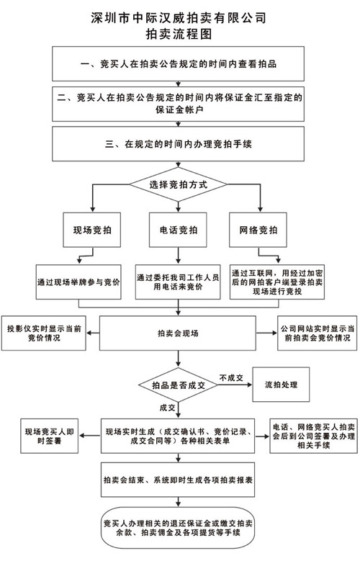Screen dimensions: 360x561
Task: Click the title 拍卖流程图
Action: (179, 34)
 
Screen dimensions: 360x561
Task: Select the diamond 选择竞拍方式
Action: (179, 184)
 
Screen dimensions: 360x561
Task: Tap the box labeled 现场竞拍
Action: (92, 230)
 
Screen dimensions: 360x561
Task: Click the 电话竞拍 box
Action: (178, 230)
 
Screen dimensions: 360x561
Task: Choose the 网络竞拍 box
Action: (258, 230)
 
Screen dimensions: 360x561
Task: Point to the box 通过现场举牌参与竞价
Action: (78, 282)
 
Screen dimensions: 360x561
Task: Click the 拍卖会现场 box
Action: (178, 333)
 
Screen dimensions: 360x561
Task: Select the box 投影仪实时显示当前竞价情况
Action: (44, 333)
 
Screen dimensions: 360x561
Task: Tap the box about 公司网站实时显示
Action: (317, 333)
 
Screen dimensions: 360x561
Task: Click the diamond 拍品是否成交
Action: (178, 385)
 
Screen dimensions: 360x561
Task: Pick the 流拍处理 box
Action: (281, 385)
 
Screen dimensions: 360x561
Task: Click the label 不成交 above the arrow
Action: (231, 378)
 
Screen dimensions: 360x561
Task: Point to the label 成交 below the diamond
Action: (167, 408)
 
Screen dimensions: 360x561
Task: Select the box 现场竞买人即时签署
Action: (49, 436)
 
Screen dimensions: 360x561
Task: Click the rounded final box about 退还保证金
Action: (178, 528)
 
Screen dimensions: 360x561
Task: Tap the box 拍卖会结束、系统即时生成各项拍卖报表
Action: (178, 480)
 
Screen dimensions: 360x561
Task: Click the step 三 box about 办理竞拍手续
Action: (179, 144)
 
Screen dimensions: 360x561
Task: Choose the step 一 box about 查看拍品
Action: (179, 63)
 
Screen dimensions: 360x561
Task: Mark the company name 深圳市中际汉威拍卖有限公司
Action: (179, 18)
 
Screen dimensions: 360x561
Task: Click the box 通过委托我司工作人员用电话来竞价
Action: (178, 282)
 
